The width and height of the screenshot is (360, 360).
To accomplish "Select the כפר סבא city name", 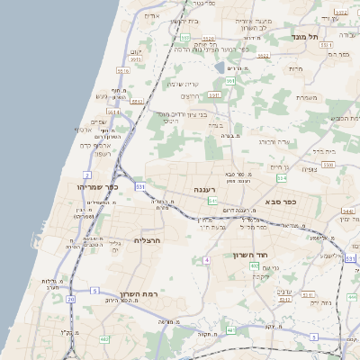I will pos(283,202).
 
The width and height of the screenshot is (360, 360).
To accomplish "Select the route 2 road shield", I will pos(87,174).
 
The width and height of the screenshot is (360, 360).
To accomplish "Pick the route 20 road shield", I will pos(70,298).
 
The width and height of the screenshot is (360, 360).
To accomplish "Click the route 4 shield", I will pos(206,260).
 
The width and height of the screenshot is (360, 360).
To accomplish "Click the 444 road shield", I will pos(352,296).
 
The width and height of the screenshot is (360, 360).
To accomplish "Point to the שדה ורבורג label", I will pos(273,141).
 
